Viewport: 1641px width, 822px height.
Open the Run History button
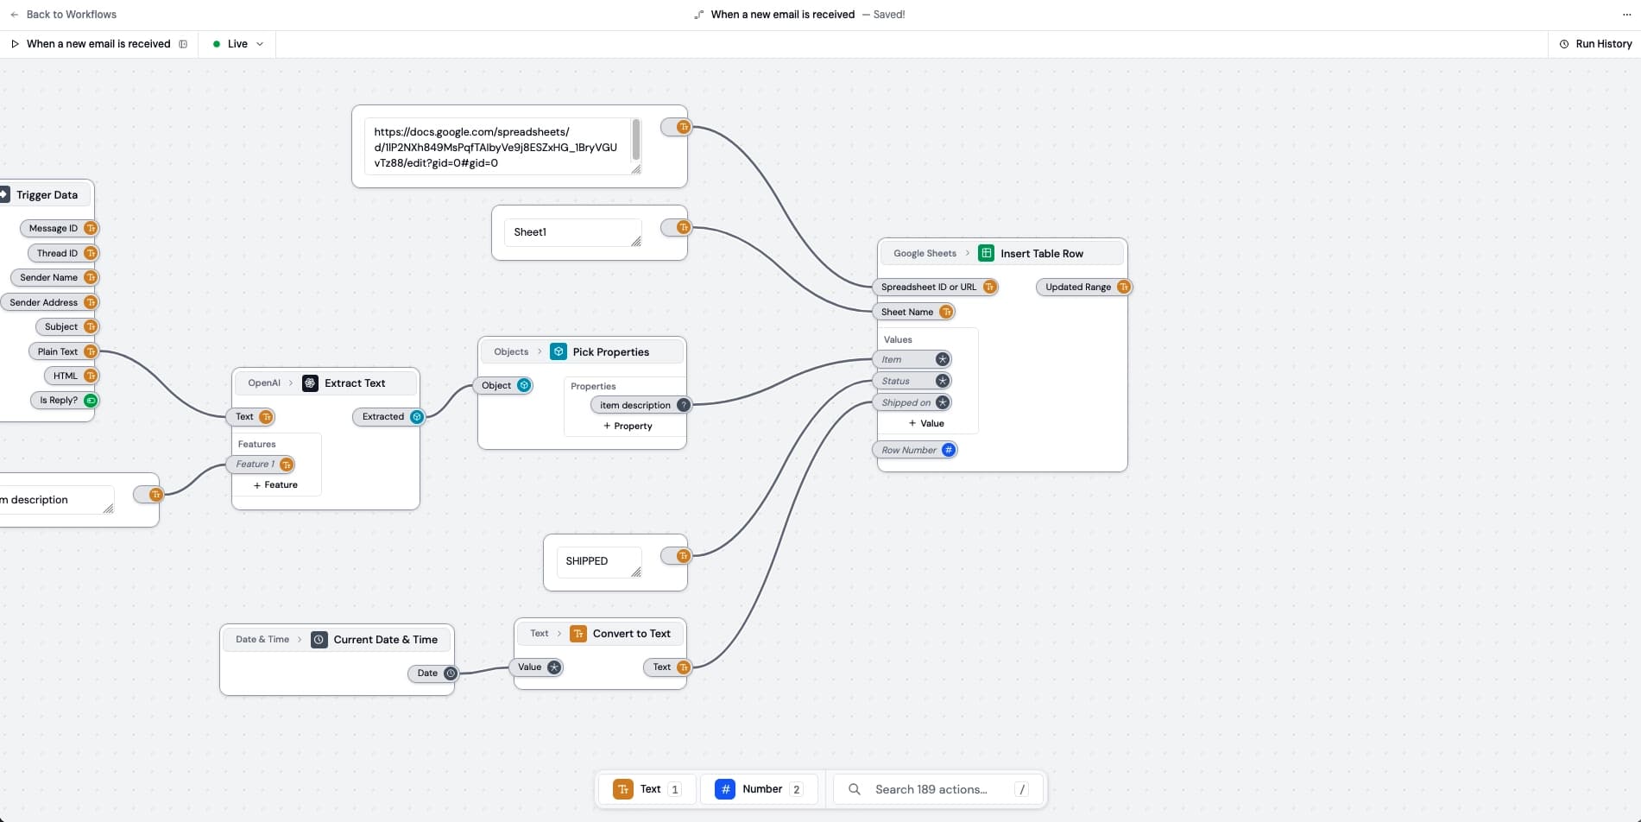tap(1595, 44)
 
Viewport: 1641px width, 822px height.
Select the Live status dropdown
tap(237, 44)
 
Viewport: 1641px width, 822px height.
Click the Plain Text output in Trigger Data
tap(58, 351)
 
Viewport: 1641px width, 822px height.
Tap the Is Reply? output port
tap(91, 401)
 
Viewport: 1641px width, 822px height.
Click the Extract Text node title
tap(355, 383)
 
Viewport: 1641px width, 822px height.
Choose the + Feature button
tap(275, 485)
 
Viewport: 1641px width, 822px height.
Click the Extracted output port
tap(417, 417)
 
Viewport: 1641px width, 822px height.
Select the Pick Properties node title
tap(610, 352)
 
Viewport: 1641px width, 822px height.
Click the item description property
tap(635, 405)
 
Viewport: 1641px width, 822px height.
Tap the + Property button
tap(628, 427)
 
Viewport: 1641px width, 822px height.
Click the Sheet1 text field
tap(571, 232)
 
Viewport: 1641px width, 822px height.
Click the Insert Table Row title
tap(1041, 254)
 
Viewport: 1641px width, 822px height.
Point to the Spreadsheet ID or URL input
tap(929, 288)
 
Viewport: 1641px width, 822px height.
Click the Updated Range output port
tap(1123, 288)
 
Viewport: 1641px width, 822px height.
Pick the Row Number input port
tap(948, 450)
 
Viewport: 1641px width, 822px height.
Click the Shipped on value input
tap(906, 402)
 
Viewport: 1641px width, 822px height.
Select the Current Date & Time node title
tap(385, 640)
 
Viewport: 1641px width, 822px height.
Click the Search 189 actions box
tap(931, 789)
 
